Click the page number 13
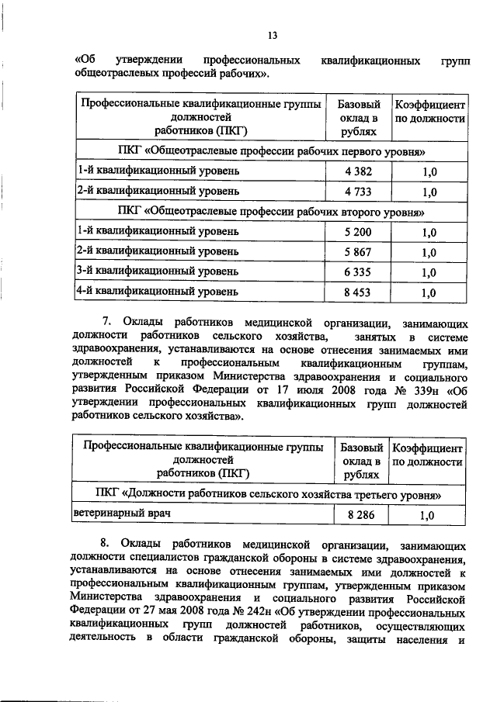pos(272,35)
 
